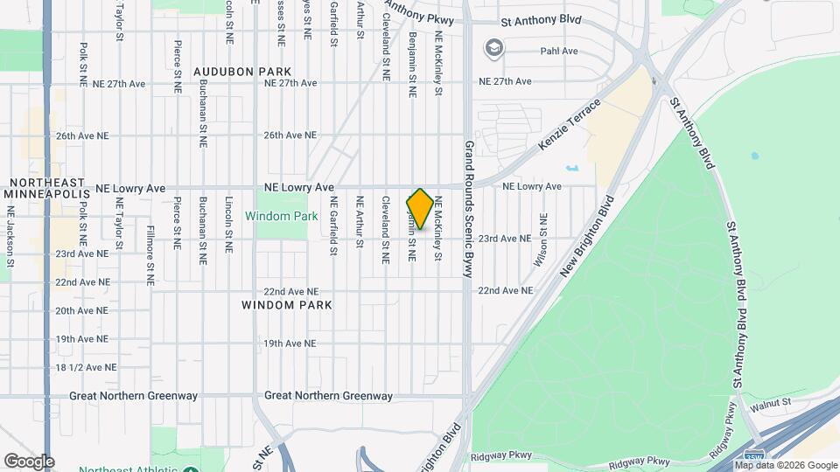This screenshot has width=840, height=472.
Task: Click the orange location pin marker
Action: [420, 209]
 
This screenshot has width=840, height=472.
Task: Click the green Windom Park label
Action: [281, 216]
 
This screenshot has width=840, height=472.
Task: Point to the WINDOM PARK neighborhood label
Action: [287, 305]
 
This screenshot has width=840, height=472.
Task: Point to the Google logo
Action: [28, 462]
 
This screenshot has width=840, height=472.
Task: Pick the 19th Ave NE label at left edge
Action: [81, 338]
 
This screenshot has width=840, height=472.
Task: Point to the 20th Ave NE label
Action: [81, 310]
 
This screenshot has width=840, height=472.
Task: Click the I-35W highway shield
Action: [751, 455]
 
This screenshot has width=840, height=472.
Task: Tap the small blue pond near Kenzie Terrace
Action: [572, 168]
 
